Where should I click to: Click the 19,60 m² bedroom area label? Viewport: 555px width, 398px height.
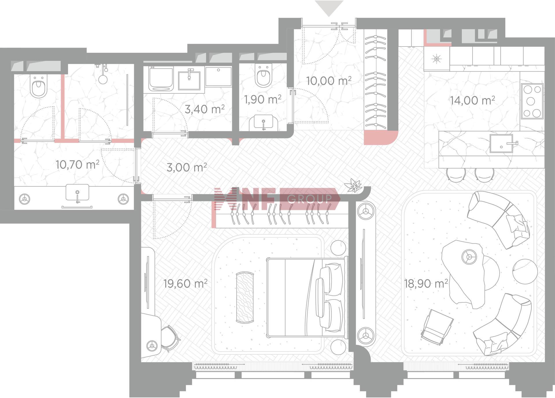pos(185,283)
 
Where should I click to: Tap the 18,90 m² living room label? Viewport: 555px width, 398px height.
pos(426,283)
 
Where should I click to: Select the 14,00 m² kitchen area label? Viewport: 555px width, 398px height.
pos(472,100)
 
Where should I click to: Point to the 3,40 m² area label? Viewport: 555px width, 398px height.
pos(205,109)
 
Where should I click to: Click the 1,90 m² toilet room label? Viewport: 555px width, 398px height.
pos(263,99)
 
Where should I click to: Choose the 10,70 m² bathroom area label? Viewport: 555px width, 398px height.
pos(77,164)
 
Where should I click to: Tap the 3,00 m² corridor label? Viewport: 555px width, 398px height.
pos(187,167)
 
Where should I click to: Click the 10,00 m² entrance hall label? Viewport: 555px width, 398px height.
pos(329,81)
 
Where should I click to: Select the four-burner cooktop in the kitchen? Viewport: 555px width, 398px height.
pos(532,101)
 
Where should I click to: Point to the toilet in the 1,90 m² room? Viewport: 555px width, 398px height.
pos(263,75)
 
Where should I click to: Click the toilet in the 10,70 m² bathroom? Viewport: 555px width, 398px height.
pos(39,86)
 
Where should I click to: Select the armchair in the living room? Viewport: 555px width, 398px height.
pos(437,327)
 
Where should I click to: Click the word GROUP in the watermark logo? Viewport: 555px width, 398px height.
pos(310,199)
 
